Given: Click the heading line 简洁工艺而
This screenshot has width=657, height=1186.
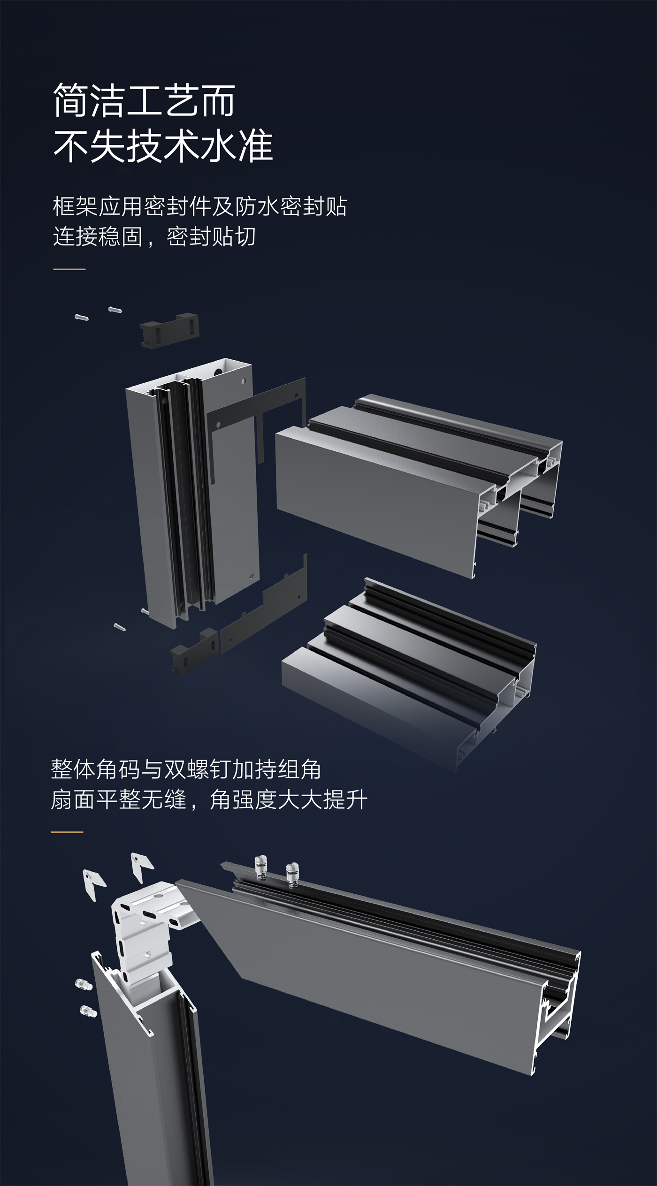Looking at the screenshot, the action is [144, 100].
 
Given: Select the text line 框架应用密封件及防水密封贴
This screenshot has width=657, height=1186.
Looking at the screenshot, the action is [200, 206].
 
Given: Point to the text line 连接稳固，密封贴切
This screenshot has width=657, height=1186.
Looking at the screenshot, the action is [154, 236].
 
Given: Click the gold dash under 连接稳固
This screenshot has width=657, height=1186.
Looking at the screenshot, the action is [69, 269].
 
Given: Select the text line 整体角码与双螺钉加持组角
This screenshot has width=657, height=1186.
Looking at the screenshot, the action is [186, 770].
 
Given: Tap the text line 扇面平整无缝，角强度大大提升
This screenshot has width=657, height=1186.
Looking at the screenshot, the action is [209, 800].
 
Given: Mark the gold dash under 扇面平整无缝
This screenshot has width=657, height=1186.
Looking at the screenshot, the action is [67, 832].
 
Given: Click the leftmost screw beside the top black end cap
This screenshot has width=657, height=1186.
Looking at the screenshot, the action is [82, 317].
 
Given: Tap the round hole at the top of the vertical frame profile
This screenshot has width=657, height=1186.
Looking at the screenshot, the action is [217, 369].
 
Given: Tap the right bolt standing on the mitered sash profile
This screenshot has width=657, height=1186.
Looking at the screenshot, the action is [292, 874].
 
